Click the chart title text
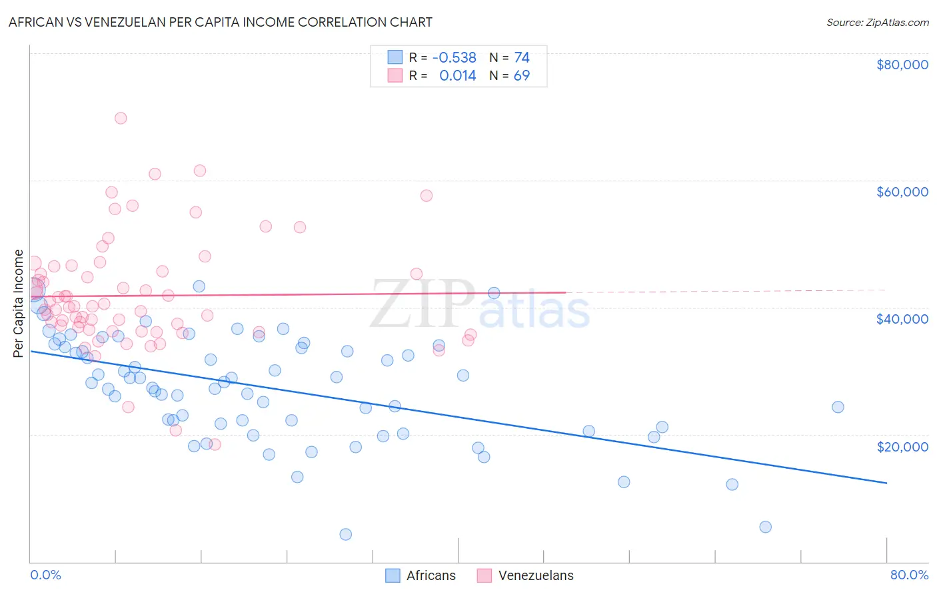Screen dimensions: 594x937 (220, 22)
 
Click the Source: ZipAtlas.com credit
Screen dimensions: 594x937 (877, 22)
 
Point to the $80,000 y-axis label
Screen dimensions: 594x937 (902, 65)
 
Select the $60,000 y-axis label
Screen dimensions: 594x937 (902, 192)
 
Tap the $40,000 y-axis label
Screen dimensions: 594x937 (902, 319)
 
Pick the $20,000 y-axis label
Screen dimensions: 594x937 (902, 446)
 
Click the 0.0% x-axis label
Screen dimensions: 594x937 (45, 575)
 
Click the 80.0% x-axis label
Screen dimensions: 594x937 (909, 575)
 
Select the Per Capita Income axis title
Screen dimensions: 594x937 (19, 303)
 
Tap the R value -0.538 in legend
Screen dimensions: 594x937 (454, 58)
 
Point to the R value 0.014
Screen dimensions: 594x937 (457, 76)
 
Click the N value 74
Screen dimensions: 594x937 (521, 58)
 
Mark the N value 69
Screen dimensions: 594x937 (521, 76)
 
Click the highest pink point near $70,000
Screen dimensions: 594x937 (121, 118)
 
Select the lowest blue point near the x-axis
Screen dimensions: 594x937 (345, 534)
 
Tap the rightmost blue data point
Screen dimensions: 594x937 (838, 407)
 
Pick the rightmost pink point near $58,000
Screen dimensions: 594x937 (427, 195)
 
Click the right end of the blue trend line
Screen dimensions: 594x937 (886, 483)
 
